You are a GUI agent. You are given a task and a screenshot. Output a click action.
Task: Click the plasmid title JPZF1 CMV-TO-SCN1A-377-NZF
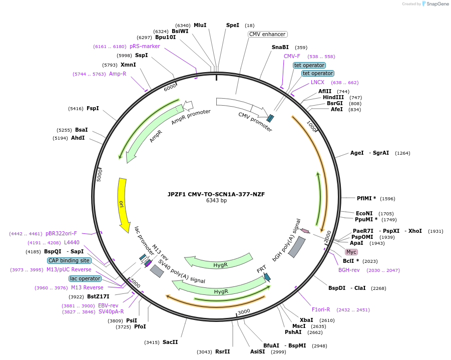(216, 194)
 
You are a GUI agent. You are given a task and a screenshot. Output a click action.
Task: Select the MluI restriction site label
(200, 25)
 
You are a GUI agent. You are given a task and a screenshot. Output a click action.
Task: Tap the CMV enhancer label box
(267, 35)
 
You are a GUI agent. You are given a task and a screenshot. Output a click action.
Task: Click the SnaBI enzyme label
(280, 48)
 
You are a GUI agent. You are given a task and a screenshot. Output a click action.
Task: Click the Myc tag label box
(351, 252)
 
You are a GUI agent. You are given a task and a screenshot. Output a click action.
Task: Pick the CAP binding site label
(70, 260)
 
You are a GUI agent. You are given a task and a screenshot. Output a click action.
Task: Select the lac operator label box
(85, 278)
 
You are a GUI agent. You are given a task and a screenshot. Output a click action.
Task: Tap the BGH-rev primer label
(349, 270)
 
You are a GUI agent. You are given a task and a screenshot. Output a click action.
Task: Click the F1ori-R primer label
(321, 309)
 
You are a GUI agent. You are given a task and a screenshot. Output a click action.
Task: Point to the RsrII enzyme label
(222, 351)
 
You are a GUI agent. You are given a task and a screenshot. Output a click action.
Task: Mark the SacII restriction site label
(170, 342)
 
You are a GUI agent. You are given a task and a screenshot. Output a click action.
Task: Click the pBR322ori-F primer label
(62, 233)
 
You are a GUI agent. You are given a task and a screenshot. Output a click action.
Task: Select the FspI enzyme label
(93, 108)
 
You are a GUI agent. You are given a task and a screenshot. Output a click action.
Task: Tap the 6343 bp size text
(216, 201)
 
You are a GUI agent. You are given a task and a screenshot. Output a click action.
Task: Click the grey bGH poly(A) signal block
(296, 247)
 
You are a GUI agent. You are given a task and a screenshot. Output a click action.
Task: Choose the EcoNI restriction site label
(364, 213)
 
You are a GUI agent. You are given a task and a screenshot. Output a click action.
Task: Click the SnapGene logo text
(436, 4)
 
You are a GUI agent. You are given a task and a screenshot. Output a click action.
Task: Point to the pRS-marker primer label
(145, 46)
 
